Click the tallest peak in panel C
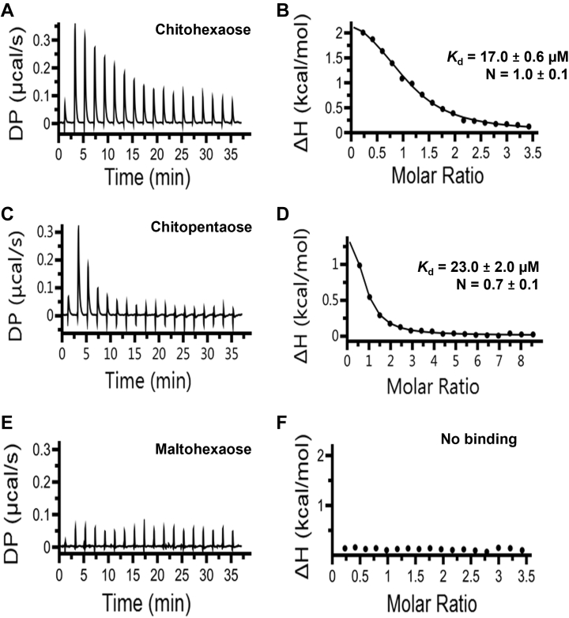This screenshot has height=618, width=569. pos(78,227)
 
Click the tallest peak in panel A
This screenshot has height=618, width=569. pos(75,24)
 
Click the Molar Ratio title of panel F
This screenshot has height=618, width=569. pos(439,603)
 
